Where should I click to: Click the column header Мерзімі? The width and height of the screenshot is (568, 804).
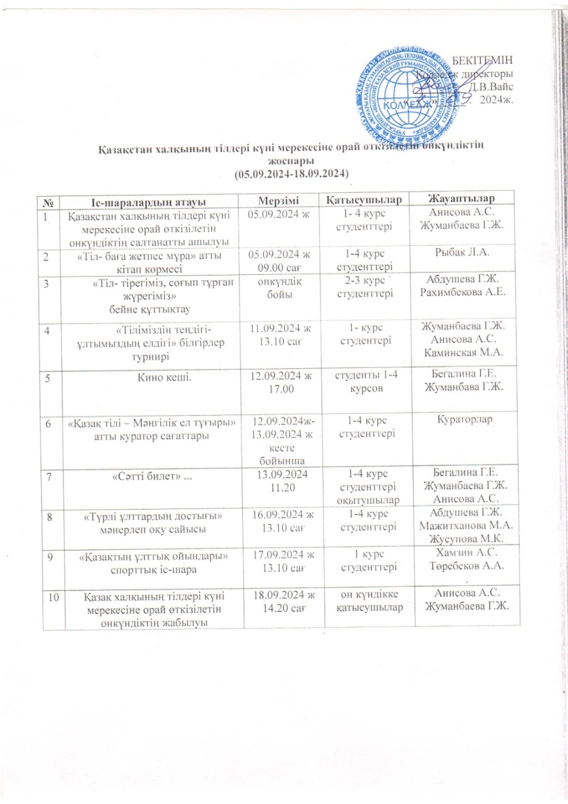click(279, 200)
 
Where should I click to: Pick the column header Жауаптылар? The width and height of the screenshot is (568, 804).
click(461, 198)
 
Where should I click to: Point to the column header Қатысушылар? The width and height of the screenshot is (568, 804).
click(364, 200)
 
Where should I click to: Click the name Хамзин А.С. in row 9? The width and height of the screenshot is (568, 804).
click(466, 552)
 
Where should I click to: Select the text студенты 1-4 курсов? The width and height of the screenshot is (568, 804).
click(367, 381)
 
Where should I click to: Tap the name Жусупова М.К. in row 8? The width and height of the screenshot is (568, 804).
click(466, 538)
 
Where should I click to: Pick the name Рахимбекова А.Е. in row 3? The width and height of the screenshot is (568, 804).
click(465, 292)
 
